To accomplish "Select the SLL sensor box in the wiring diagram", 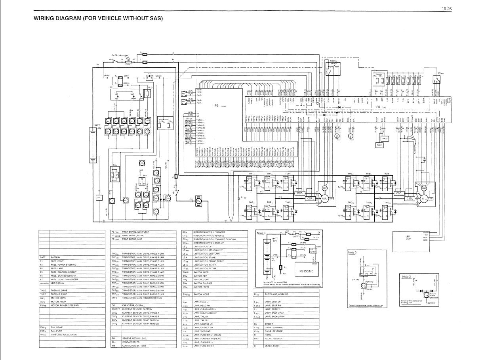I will pos(99,197).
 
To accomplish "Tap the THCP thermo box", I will pos(378,145).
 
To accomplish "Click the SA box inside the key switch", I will pos(117,174).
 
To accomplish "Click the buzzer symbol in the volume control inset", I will pos(363,285).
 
